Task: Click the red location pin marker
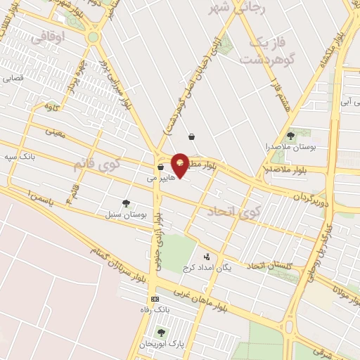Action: coord(180,165)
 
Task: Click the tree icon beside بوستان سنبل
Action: coord(126,204)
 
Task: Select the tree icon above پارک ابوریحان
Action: coord(161,333)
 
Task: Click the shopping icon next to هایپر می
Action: coord(161,167)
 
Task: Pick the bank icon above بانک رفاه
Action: coord(155,299)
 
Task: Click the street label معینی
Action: coord(54,130)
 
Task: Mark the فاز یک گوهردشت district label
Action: coord(266,51)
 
